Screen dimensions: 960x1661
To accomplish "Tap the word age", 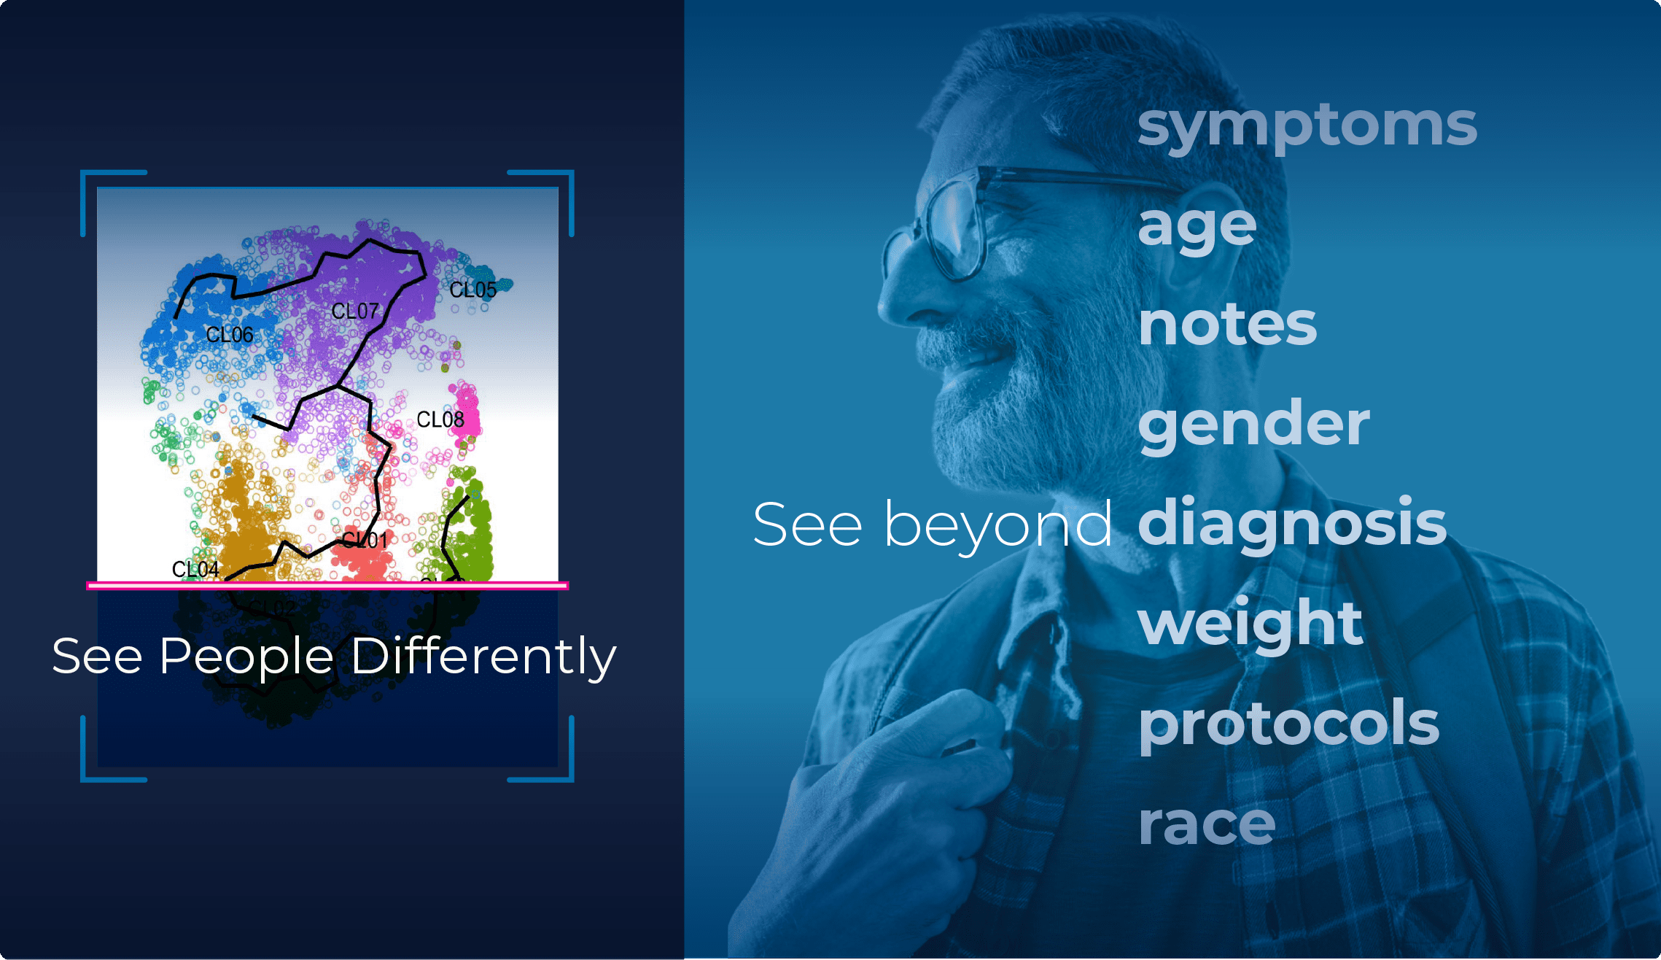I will coord(1197,226).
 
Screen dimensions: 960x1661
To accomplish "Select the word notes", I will coord(1228,325).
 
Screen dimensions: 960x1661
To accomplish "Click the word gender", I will coord(1253,425).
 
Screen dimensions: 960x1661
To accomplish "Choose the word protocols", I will coord(1288,724).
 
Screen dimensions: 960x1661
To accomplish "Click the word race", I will coord(1207,824).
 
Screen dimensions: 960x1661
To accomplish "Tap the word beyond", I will coord(997,524).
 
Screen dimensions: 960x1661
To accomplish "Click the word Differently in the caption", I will coord(483,657).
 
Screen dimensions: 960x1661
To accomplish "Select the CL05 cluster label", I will coord(472,290).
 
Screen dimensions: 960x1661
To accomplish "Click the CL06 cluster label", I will coord(230,335).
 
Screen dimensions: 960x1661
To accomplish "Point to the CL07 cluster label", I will coord(355,311).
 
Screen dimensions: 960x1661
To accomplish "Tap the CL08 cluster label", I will coord(440,419).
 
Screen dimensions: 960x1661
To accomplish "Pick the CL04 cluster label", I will coord(195,569).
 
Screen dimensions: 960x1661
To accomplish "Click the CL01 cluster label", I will coord(365,541).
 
